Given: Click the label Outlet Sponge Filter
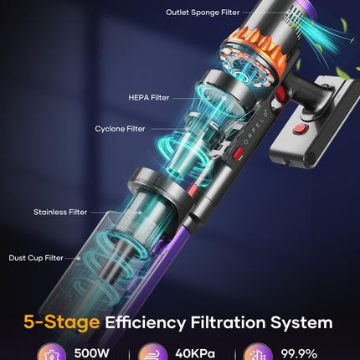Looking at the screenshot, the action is pyautogui.click(x=203, y=13).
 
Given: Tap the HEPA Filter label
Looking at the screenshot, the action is pyautogui.click(x=149, y=98).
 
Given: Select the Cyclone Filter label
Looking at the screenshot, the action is pyautogui.click(x=120, y=129).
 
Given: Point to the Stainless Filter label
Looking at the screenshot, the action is pyautogui.click(x=60, y=212).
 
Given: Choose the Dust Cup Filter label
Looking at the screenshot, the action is pyautogui.click(x=36, y=258).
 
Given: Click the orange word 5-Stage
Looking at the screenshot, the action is pyautogui.click(x=62, y=322).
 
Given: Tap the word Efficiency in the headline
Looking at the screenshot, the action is pyautogui.click(x=145, y=323).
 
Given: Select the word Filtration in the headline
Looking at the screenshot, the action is pyautogui.click(x=228, y=322).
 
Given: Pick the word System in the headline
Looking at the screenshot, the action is pyautogui.click(x=301, y=323).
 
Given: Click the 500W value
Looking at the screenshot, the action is pyautogui.click(x=92, y=353).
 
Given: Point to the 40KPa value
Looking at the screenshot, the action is pyautogui.click(x=195, y=354).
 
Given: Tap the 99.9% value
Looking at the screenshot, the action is pyautogui.click(x=299, y=354).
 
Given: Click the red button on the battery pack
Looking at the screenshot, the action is pyautogui.click(x=300, y=129).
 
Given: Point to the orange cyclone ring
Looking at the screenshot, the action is pyautogui.click(x=257, y=52).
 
